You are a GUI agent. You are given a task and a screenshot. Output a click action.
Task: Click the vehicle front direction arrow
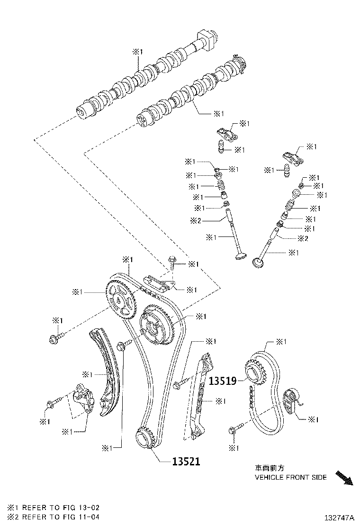pos(344,477)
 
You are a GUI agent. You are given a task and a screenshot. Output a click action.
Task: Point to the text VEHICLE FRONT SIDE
pos(290,477)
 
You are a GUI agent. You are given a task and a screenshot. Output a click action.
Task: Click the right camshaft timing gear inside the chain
pos(158,326)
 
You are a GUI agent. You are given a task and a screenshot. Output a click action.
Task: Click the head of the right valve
pos(260,262)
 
